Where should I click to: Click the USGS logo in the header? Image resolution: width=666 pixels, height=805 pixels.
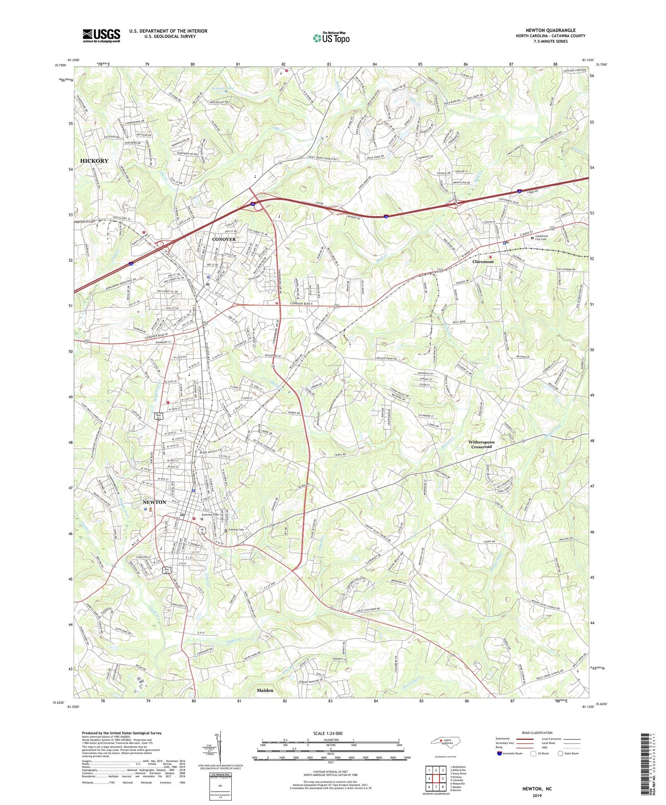101,36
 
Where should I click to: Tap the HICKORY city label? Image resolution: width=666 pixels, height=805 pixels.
94,161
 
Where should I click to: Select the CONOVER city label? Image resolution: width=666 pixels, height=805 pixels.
224,239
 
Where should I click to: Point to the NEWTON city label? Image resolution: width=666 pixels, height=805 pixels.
154,502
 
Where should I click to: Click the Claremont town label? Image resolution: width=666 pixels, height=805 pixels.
483,262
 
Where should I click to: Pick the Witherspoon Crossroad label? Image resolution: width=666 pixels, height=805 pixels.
481,444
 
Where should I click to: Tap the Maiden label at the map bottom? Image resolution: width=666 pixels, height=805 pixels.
265,690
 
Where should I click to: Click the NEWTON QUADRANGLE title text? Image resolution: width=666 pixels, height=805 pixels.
550,31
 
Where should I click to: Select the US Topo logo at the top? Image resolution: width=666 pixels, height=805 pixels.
331,38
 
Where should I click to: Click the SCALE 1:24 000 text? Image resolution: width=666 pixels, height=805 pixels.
330,734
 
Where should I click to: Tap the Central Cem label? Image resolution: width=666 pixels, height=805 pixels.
236,530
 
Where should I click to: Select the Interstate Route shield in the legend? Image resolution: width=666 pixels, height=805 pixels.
499,753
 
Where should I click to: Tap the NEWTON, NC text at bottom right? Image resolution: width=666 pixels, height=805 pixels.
536,789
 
